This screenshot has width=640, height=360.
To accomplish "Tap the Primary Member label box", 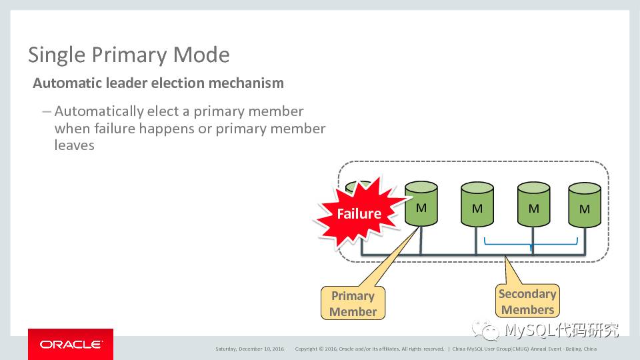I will pos(353,304).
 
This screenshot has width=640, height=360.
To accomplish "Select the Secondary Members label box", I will pos(527,301).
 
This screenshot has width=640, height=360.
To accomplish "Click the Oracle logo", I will pos(71,344).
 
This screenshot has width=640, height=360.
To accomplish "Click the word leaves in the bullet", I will pos(74,145).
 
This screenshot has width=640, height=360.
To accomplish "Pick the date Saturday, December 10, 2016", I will pos(249,349).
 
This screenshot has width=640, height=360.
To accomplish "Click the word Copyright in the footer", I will pos(307,349).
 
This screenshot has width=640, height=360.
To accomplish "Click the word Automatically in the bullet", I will pos(99,111).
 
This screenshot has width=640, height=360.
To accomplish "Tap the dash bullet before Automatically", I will pos(46,111).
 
